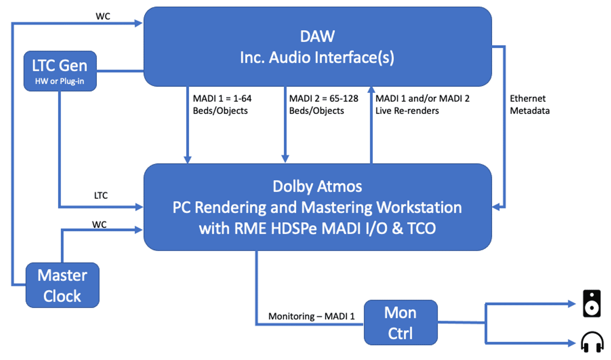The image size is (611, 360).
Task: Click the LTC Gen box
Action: pos(60,71)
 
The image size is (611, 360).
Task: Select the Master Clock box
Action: pos(62,285)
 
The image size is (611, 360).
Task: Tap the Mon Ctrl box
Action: pos(400,323)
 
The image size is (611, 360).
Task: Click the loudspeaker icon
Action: pos(591,303)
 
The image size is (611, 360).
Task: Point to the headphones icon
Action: pos(592,342)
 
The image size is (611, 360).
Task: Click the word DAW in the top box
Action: pos(317,37)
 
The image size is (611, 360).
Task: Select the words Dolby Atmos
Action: pos(317,186)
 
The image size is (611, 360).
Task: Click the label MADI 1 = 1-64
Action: pos(222,99)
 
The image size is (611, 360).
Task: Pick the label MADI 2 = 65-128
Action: pos(323,99)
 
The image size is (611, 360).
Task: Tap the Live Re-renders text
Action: pos(407,111)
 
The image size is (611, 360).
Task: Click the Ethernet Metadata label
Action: pos(529,105)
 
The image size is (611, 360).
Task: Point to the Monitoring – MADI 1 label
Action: pos(311,316)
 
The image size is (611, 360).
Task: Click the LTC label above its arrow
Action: pos(101,196)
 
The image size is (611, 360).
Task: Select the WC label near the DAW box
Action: pos(103,16)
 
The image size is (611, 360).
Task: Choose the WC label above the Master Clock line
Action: pos(99,224)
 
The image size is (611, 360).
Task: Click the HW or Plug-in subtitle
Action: pos(59,81)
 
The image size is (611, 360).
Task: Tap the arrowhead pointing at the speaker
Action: pos(572,303)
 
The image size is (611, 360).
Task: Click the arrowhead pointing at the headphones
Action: pos(572,343)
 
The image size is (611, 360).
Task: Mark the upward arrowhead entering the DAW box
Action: pos(371,90)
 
